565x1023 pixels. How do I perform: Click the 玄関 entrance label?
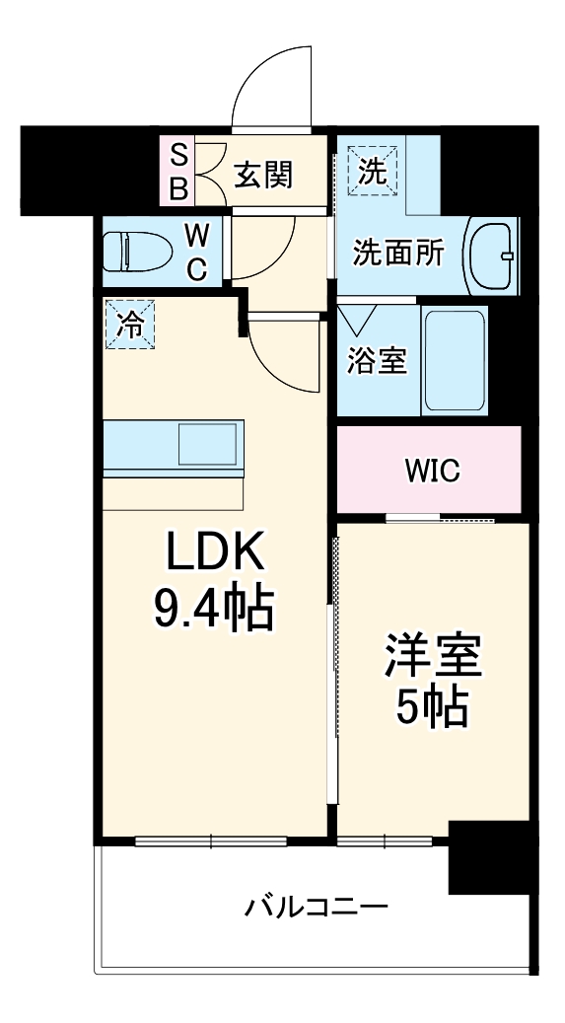tap(263, 175)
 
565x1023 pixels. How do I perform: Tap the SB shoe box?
tap(178, 171)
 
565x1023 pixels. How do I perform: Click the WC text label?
tap(197, 252)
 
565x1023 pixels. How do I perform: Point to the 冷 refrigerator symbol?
tap(131, 325)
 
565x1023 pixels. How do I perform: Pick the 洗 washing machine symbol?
tap(372, 170)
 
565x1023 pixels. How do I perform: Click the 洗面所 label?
tap(398, 254)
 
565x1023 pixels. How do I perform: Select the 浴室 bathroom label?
tap(377, 360)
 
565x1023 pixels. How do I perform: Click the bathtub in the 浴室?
tap(455, 360)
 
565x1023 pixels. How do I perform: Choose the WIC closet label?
tap(431, 471)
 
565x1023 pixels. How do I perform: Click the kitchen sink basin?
tap(207, 442)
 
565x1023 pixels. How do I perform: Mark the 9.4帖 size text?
tap(212, 611)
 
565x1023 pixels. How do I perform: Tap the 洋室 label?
tap(433, 659)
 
